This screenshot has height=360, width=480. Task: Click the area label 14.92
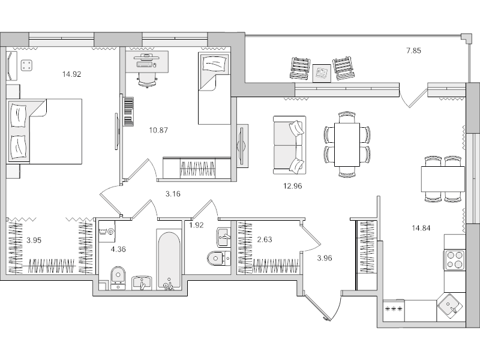tap(72, 75)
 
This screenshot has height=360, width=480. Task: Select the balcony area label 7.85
tap(413, 51)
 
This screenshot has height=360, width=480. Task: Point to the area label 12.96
tap(292, 186)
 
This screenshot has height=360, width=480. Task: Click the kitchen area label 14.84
tap(421, 228)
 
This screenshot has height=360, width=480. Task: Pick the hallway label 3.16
tap(173, 194)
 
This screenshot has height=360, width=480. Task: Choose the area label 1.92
tap(197, 226)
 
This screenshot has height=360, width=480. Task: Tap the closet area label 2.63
tap(265, 241)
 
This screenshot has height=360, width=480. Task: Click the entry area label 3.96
tap(323, 259)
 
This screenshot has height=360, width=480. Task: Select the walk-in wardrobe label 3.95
tap(34, 241)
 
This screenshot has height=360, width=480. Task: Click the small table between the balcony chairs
tap(323, 71)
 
